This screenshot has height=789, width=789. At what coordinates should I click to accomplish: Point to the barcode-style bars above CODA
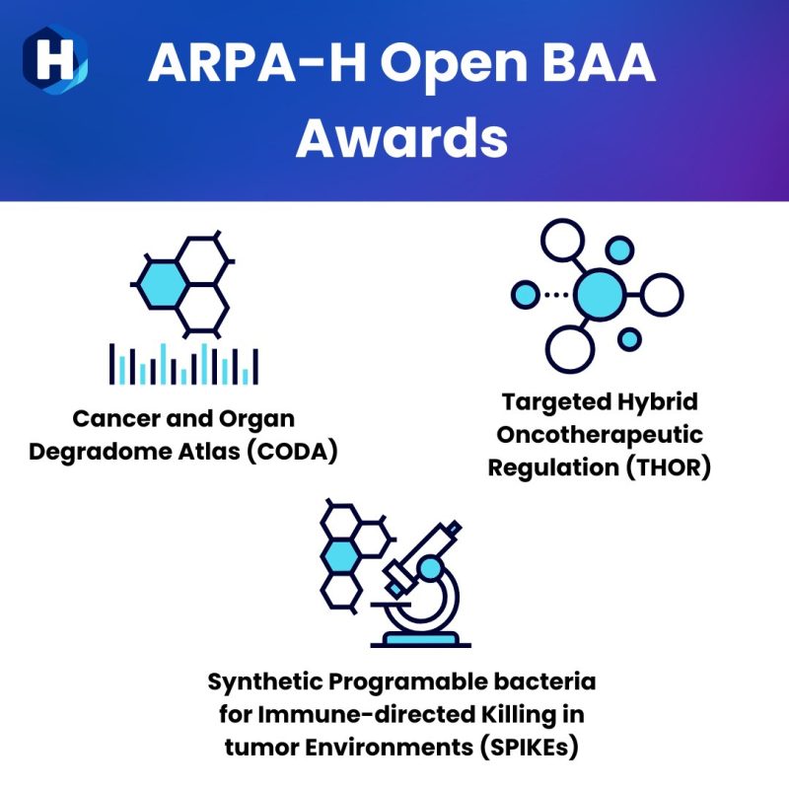pyautogui.click(x=183, y=364)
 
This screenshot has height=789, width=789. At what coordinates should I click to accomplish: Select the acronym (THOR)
pyautogui.click(x=657, y=466)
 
